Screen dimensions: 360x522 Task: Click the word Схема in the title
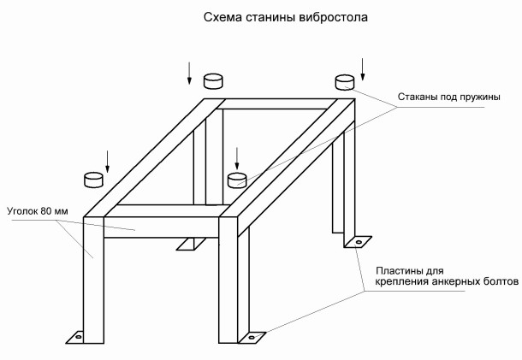tap(220, 17)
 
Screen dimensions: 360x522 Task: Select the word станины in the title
tap(272, 17)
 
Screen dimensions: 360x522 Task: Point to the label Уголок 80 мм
tap(36, 209)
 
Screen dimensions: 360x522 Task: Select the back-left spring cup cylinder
tap(214, 81)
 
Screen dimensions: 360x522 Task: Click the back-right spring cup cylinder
tap(344, 82)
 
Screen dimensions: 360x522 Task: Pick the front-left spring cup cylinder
tap(93, 179)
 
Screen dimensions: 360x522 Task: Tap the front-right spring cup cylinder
tap(237, 179)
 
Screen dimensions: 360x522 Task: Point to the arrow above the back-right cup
tap(363, 66)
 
